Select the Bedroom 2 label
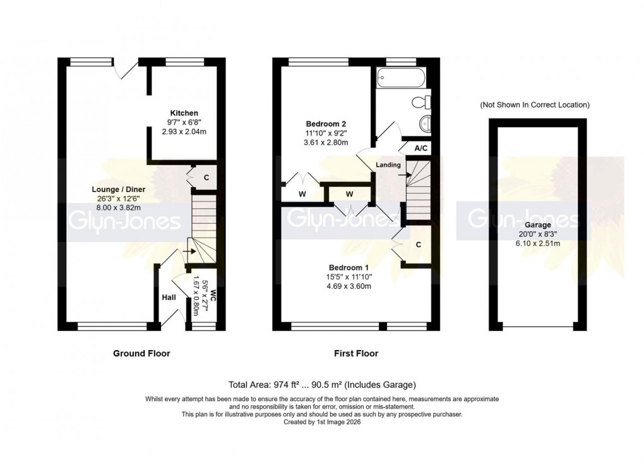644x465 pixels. pyautogui.click(x=326, y=124)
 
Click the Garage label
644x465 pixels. pyautogui.click(x=537, y=224)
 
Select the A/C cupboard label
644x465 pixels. pyautogui.click(x=420, y=148)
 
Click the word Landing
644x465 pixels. pyautogui.click(x=388, y=165)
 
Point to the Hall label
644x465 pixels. pyautogui.click(x=169, y=298)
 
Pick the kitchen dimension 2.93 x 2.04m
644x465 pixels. pyautogui.click(x=184, y=131)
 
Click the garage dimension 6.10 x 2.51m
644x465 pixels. pyautogui.click(x=537, y=243)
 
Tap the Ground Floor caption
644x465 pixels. pyautogui.click(x=141, y=353)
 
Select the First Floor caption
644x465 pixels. pyautogui.click(x=356, y=353)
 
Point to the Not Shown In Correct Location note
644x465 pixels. pyautogui.click(x=535, y=105)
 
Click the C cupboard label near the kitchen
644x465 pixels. pyautogui.click(x=206, y=178)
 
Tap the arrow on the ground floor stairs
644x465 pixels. pyautogui.click(x=187, y=251)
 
